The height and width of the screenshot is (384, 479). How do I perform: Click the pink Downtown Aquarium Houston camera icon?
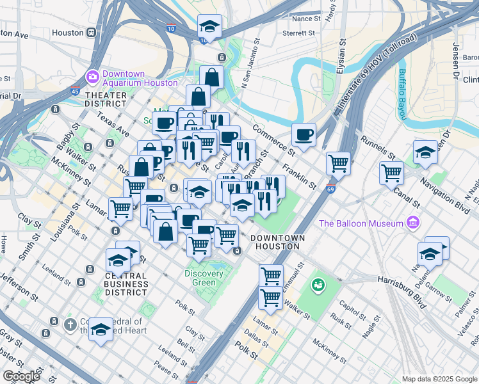[93, 77]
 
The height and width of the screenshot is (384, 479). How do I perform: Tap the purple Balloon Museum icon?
[413, 223]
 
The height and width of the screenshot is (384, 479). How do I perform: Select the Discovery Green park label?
[204, 278]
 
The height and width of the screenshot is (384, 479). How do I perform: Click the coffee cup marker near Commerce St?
[304, 135]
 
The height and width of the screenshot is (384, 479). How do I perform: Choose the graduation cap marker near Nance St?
[209, 27]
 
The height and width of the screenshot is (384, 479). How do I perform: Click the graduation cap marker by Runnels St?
[425, 152]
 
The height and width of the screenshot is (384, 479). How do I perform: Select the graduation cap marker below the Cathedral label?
[101, 330]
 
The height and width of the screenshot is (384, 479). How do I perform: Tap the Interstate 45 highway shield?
[76, 92]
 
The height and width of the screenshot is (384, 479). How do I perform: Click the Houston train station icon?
[92, 33]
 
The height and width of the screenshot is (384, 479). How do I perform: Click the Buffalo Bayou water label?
[403, 93]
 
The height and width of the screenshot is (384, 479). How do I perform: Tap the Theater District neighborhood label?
[106, 99]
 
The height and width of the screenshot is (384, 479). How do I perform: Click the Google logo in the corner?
[21, 376]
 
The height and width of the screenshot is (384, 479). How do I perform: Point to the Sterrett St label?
[298, 33]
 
